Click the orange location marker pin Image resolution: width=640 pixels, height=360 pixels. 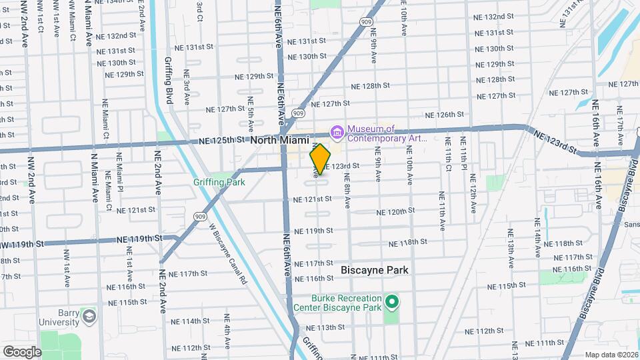click(321, 159)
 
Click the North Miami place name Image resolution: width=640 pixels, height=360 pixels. click(281, 141)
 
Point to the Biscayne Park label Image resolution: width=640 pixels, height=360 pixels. click(374, 270)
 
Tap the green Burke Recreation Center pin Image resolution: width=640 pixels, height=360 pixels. click(392, 303)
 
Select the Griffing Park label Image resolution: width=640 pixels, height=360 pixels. click(219, 182)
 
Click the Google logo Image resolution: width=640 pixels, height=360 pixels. click(22, 351)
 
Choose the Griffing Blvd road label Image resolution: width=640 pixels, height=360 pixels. click(169, 81)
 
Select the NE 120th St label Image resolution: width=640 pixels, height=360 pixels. click(395, 211)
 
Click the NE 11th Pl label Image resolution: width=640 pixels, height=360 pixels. click(463, 164)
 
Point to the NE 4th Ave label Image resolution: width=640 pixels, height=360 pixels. click(227, 331)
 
